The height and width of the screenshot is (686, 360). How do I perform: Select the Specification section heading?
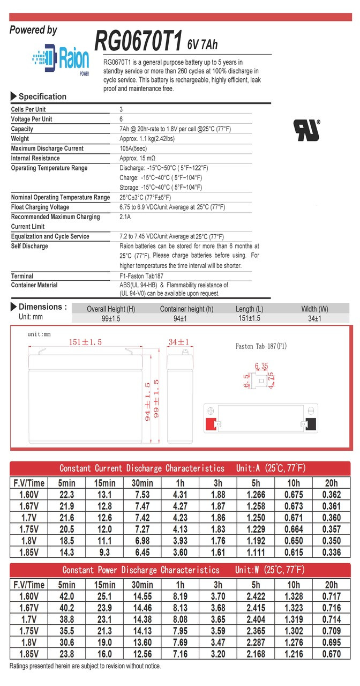tap(42, 97)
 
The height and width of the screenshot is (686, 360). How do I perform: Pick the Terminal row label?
tap(22, 276)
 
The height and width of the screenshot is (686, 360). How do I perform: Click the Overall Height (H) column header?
tap(111, 309)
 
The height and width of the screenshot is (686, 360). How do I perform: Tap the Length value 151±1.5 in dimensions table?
tap(249, 319)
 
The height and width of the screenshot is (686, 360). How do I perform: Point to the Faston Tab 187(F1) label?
tap(261, 346)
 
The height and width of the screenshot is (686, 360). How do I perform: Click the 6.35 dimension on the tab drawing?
tap(261, 367)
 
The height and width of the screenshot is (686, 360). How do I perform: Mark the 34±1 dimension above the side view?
tap(179, 342)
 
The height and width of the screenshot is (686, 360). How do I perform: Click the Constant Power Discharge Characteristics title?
tap(141, 570)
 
